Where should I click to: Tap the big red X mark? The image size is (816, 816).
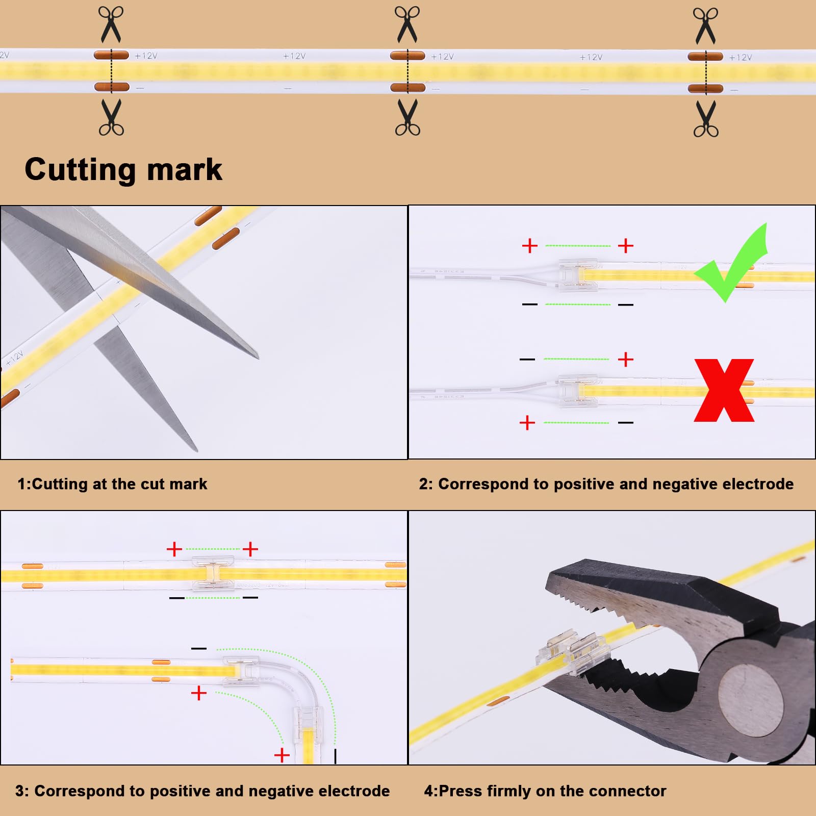point(724,390)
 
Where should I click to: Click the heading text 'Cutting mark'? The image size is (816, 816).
point(123,169)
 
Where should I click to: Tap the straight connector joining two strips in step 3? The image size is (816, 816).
point(213,573)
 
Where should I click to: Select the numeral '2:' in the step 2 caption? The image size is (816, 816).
point(426,483)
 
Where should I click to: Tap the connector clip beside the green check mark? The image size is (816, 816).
point(578,275)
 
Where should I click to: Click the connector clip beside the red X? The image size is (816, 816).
point(577,391)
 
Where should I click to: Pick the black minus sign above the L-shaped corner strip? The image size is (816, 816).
point(198,648)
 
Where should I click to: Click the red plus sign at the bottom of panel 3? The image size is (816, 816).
point(282,755)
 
